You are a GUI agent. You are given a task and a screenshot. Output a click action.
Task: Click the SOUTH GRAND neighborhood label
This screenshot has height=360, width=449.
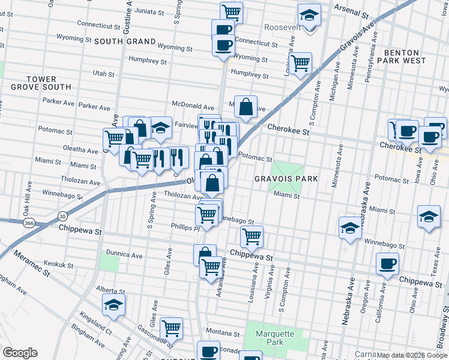click(124, 41)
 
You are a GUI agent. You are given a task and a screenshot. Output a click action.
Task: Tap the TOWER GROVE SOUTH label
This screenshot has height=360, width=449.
click(41, 83)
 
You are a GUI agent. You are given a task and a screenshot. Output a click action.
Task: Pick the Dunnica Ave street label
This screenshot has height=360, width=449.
click(124, 255)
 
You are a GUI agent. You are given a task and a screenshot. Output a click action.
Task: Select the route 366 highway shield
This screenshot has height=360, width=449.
click(28, 223)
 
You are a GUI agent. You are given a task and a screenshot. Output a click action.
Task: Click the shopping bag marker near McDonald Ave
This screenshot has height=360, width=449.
click(246, 107)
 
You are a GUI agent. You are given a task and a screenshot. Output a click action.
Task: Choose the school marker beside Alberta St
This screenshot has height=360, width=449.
click(113, 305)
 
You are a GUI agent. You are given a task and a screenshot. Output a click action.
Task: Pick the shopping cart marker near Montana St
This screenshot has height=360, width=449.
click(171, 328)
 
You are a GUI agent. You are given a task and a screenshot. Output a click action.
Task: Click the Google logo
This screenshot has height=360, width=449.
click(20, 353)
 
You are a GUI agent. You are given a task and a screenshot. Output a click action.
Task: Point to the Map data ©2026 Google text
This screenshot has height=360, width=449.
click(412, 355)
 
